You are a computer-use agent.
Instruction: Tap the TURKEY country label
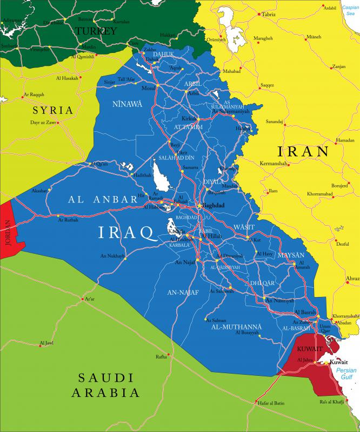click(x=96, y=31)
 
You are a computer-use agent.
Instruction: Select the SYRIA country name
click(x=52, y=110)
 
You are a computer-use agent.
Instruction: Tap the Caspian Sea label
click(x=350, y=11)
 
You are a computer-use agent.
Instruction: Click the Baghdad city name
click(x=213, y=206)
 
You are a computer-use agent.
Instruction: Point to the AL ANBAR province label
click(x=103, y=199)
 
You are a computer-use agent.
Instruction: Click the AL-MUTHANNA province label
click(x=236, y=327)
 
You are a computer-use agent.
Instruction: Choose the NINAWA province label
click(x=127, y=104)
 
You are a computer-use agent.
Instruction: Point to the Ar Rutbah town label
click(x=68, y=220)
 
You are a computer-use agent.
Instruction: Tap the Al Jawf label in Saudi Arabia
click(x=46, y=343)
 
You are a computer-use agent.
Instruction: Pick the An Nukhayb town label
click(x=112, y=255)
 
